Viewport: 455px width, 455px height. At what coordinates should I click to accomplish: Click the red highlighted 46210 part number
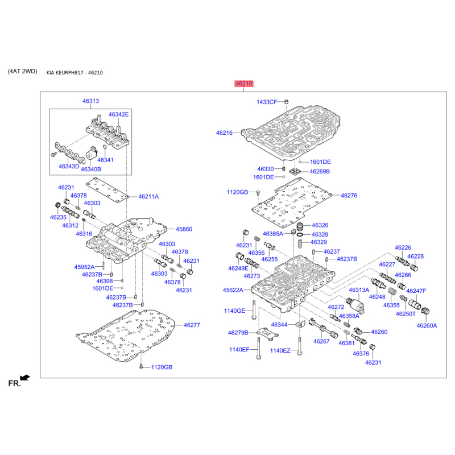(244, 84)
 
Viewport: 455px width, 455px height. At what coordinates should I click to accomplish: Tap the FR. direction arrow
(25, 378)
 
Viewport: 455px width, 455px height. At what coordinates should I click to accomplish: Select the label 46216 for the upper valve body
(224, 133)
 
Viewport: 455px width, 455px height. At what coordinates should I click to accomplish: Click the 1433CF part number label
(267, 102)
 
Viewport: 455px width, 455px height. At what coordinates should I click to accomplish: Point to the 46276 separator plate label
(349, 196)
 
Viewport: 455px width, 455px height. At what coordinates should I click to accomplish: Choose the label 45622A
(233, 290)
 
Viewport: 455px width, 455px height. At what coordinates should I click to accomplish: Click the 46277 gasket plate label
(192, 325)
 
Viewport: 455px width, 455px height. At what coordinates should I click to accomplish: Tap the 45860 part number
(184, 229)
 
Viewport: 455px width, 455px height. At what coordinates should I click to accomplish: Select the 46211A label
(148, 196)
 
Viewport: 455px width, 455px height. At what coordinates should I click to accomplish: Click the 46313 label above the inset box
(90, 101)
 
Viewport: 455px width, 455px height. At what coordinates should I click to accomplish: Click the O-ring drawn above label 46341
(105, 148)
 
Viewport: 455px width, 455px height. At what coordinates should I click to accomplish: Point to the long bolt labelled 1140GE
(254, 310)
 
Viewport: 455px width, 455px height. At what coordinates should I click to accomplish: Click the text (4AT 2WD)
(22, 71)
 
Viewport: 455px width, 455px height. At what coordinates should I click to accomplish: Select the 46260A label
(427, 325)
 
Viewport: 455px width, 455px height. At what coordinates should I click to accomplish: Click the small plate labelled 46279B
(268, 334)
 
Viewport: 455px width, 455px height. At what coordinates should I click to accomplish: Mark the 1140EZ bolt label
(280, 350)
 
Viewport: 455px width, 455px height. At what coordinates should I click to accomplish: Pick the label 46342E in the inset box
(118, 114)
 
